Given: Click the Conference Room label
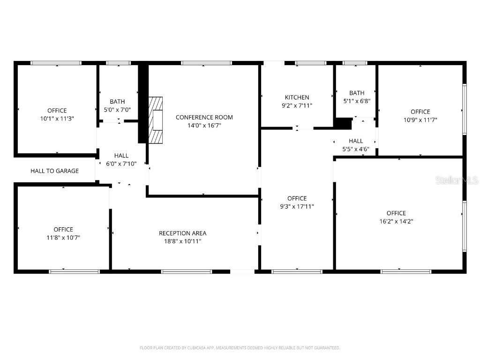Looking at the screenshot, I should pyautogui.click(x=204, y=117).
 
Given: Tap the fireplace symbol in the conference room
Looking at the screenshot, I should pyautogui.click(x=156, y=120).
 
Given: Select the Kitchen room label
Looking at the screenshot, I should pyautogui.click(x=297, y=97).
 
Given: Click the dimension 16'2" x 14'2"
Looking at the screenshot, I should pyautogui.click(x=396, y=221).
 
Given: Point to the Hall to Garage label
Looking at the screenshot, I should pyautogui.click(x=55, y=171).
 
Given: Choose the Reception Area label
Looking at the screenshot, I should pyautogui.click(x=182, y=233).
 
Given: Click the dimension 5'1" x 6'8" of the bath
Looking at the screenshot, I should pyautogui.click(x=357, y=101).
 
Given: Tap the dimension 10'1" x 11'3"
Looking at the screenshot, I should pyautogui.click(x=57, y=119).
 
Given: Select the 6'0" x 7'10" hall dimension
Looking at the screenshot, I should pyautogui.click(x=121, y=164).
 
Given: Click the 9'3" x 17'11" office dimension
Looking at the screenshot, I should pyautogui.click(x=297, y=206).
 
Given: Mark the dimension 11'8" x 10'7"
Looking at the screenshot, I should pyautogui.click(x=63, y=237).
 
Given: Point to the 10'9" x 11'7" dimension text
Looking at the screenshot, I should pyautogui.click(x=420, y=120).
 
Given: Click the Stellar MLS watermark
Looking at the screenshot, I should pyautogui.click(x=456, y=180).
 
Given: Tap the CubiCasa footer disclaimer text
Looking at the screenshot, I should pyautogui.click(x=240, y=348).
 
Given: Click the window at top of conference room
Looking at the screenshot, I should pyautogui.click(x=206, y=63).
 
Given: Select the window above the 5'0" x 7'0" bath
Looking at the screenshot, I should pyautogui.click(x=118, y=63).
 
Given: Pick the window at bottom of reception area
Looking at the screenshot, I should pyautogui.click(x=187, y=271).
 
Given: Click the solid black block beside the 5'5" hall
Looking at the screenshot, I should pyautogui.click(x=343, y=123).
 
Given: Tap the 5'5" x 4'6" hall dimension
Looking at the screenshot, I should pyautogui.click(x=356, y=149).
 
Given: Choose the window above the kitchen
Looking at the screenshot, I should pyautogui.click(x=311, y=63).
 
